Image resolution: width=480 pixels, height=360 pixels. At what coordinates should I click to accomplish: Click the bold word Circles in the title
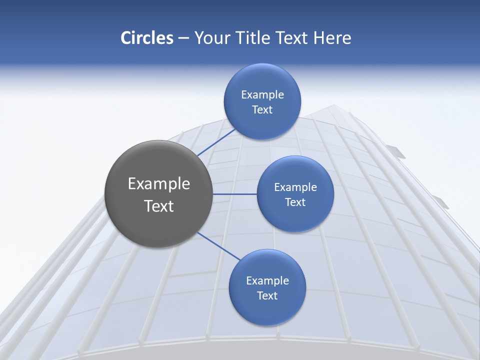click(146, 38)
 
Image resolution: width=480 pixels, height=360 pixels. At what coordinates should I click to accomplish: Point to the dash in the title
click(183, 38)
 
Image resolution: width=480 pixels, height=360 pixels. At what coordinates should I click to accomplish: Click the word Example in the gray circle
click(159, 184)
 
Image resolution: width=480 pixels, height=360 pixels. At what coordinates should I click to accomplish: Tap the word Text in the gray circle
click(159, 206)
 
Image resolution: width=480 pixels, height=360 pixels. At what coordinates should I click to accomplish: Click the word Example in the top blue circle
click(262, 95)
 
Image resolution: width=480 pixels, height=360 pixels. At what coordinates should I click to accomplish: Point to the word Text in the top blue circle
click(262, 110)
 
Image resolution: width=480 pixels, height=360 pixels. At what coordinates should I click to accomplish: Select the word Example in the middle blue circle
click(295, 187)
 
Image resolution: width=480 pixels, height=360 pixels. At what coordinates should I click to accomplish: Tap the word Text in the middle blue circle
click(295, 202)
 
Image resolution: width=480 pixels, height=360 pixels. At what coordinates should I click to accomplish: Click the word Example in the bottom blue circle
click(267, 281)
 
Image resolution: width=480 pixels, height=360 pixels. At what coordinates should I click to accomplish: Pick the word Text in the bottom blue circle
click(267, 296)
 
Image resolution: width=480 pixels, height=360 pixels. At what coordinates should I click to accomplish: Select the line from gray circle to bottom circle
click(218, 246)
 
